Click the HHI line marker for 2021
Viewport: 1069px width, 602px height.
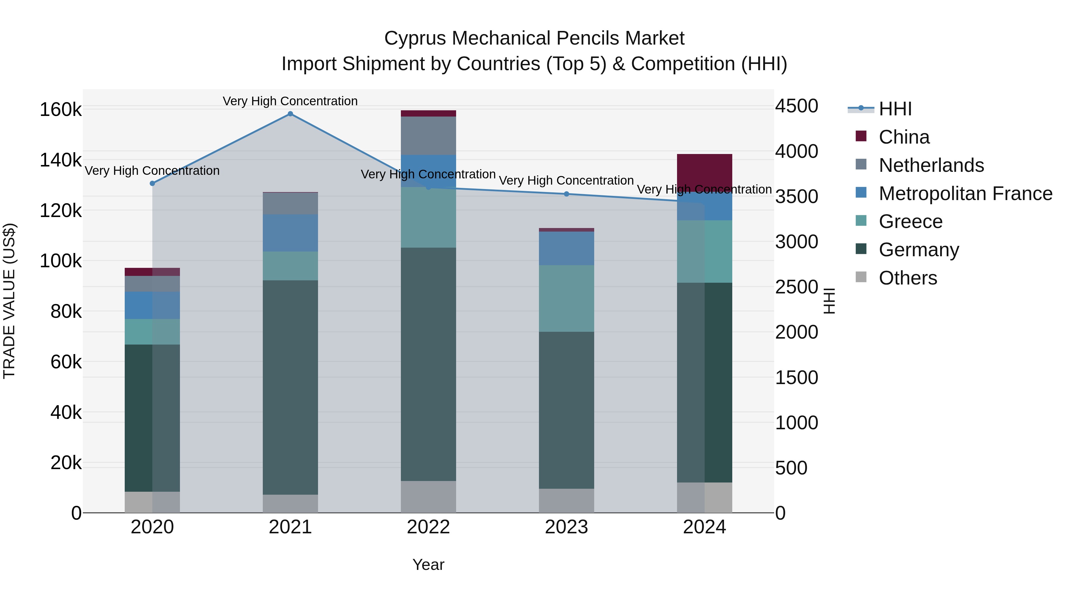click(x=290, y=114)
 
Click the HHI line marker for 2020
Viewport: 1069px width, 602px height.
click(x=152, y=183)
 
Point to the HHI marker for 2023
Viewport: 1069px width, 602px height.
click(x=567, y=194)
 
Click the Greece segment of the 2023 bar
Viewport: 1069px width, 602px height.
click(x=567, y=298)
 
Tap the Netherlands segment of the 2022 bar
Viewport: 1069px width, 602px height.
click(x=428, y=136)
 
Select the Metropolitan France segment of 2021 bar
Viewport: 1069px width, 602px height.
click(x=290, y=233)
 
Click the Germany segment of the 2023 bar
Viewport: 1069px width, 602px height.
click(x=567, y=410)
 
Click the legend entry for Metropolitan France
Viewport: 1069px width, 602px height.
click(x=965, y=194)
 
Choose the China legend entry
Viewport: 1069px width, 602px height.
click(x=904, y=137)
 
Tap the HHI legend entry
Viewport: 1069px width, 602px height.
click(x=895, y=109)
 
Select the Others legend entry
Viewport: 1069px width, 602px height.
click(x=907, y=278)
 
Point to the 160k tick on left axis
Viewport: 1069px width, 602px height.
click(x=61, y=110)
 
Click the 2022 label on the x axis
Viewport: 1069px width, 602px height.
click(x=428, y=527)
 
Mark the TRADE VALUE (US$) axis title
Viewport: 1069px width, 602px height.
click(x=9, y=301)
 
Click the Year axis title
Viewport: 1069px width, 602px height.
click(x=428, y=565)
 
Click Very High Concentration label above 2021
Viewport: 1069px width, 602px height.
click(x=290, y=101)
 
